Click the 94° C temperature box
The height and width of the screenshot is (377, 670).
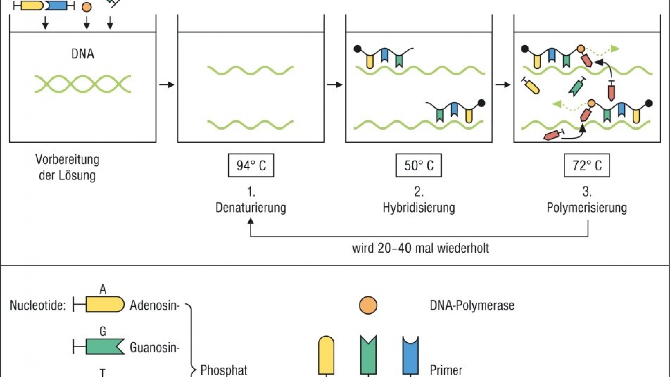(x=251, y=165)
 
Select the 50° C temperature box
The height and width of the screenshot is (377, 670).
(x=419, y=165)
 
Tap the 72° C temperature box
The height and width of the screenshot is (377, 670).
(x=587, y=165)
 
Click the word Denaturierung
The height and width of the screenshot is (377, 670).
(x=251, y=207)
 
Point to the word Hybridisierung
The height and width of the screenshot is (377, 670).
(x=419, y=207)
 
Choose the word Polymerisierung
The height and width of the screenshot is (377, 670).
(x=587, y=207)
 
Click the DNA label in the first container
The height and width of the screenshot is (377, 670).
(x=83, y=54)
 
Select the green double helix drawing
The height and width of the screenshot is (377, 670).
(x=83, y=84)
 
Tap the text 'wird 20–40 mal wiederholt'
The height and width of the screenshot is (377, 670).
(x=420, y=248)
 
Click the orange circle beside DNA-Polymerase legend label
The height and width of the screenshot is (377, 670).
(x=368, y=305)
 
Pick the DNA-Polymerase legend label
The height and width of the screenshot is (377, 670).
(x=472, y=305)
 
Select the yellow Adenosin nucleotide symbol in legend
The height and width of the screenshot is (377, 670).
(x=105, y=305)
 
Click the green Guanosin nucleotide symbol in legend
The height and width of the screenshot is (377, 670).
(x=105, y=347)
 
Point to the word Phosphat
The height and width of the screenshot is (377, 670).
(x=224, y=370)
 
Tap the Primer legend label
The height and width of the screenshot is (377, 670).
(x=446, y=370)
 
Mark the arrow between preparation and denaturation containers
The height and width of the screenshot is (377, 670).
(x=166, y=84)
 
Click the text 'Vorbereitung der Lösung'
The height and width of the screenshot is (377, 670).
(x=67, y=168)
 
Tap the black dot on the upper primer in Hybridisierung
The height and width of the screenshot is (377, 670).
(x=357, y=49)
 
